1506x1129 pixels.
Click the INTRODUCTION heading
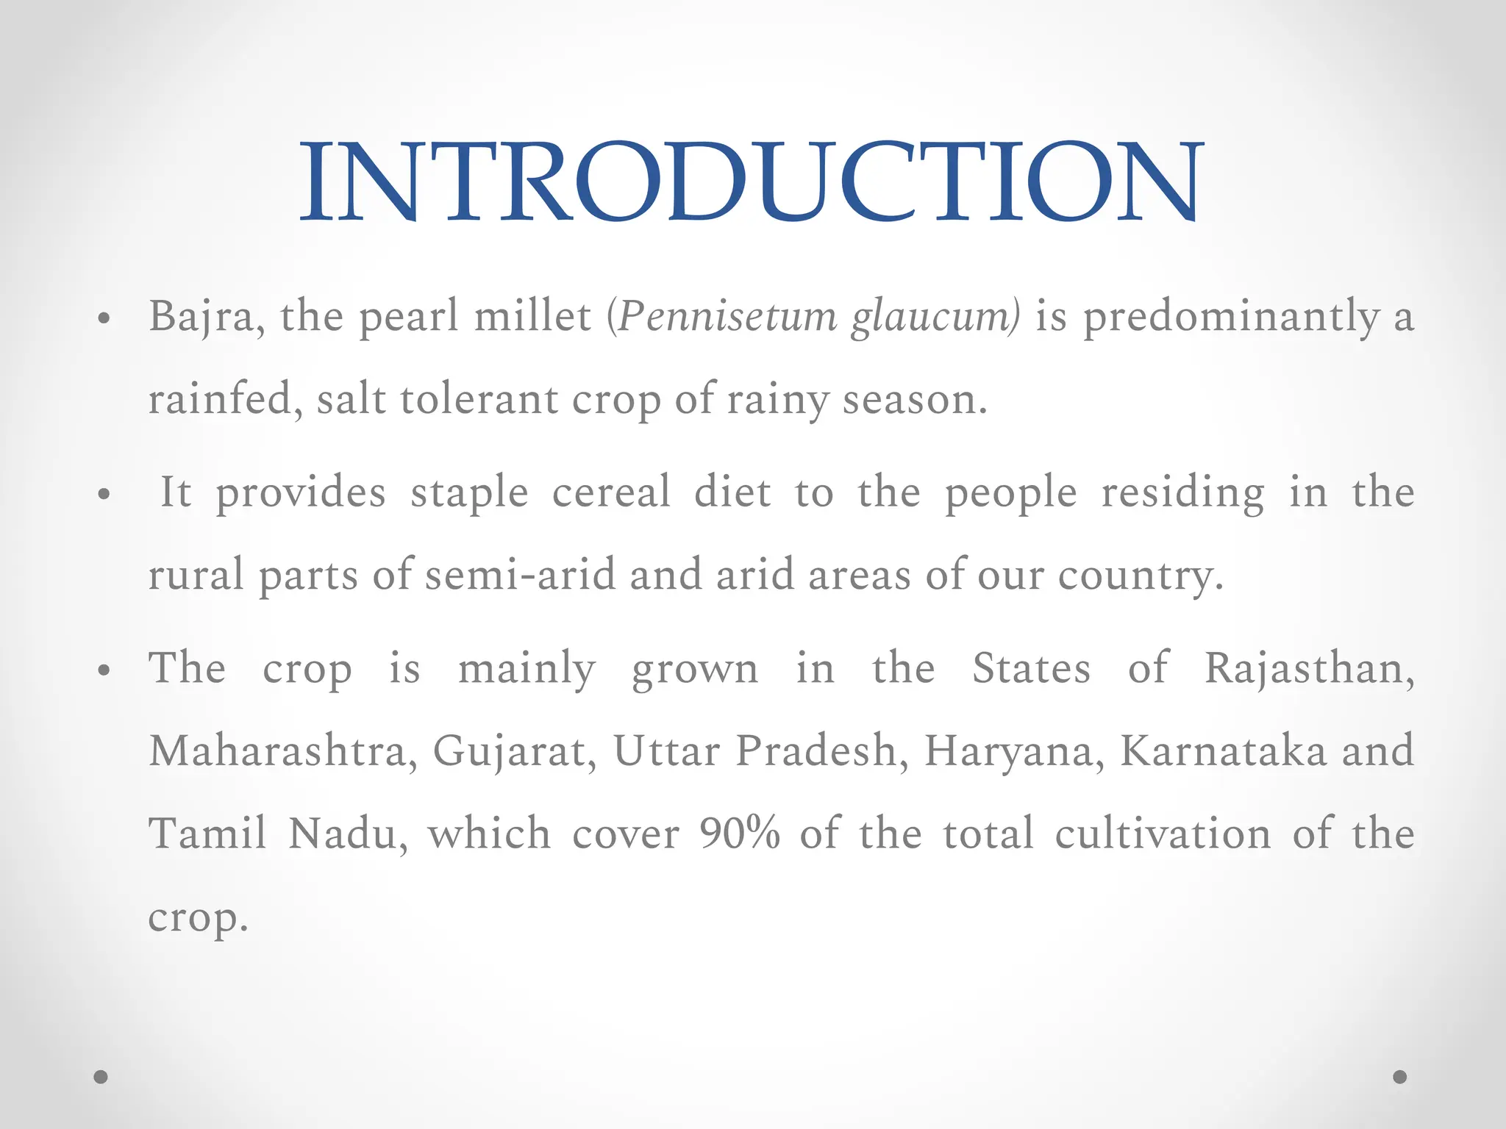752,182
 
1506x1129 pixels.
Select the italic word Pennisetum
727,318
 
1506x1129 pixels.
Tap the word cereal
611,492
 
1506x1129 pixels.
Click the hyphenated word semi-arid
520,575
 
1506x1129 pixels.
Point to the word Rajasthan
1308,670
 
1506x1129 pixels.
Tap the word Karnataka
1222,751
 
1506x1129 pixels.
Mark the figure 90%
739,834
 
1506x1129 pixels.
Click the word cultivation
1163,834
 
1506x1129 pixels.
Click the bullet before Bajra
104,319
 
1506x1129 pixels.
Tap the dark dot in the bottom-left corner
101,1077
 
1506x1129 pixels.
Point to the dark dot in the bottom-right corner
1400,1077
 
